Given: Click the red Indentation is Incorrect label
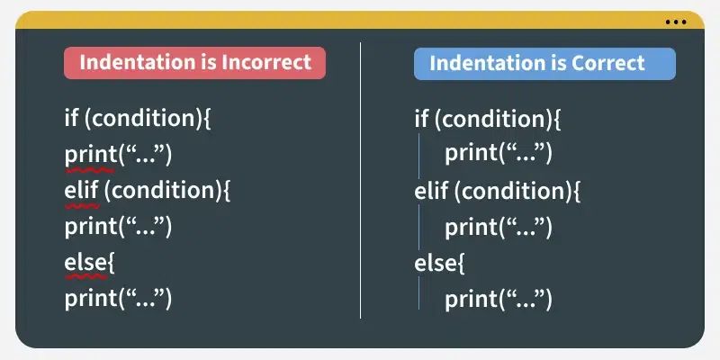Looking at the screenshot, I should coord(194,63).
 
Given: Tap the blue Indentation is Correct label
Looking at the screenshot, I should coord(544,63).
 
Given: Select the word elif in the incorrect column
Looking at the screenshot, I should coord(82,190).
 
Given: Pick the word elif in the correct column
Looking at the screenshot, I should coord(432,190).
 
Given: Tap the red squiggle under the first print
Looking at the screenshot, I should coord(90,168).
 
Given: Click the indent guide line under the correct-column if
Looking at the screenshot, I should coord(420,154).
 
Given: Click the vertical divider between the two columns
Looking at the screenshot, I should coord(361,180).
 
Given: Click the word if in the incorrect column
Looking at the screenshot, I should coord(71,118).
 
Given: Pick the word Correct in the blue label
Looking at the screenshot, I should coord(611,63).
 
